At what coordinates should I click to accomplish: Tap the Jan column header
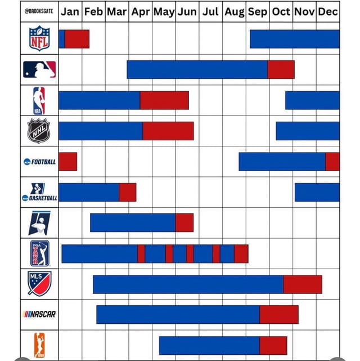pyautogui.click(x=70, y=11)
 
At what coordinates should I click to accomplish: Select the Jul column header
pyautogui.click(x=210, y=11)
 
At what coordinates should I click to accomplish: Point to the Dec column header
pyautogui.click(x=327, y=11)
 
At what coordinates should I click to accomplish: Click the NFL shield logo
pyautogui.click(x=39, y=39)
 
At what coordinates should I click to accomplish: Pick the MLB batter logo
pyautogui.click(x=39, y=69)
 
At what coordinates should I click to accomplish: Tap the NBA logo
pyautogui.click(x=39, y=100)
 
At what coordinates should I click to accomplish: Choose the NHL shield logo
pyautogui.click(x=39, y=131)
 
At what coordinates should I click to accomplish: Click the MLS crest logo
pyautogui.click(x=39, y=283)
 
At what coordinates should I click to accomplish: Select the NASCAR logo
pyautogui.click(x=39, y=314)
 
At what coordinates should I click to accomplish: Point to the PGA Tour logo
pyautogui.click(x=39, y=253)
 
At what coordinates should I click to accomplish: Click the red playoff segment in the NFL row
pyautogui.click(x=77, y=39)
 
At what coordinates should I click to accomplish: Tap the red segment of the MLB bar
pyautogui.click(x=281, y=69)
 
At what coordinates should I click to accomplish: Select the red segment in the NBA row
pyautogui.click(x=164, y=100)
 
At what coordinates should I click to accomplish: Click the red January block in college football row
pyautogui.click(x=67, y=162)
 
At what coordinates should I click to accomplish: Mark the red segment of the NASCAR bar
pyautogui.click(x=279, y=314)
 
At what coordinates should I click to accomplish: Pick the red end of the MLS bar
pyautogui.click(x=303, y=284)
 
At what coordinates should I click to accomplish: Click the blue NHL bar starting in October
pyautogui.click(x=307, y=131)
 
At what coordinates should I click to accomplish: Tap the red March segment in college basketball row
pyautogui.click(x=128, y=192)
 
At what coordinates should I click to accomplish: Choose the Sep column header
pyautogui.click(x=257, y=11)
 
